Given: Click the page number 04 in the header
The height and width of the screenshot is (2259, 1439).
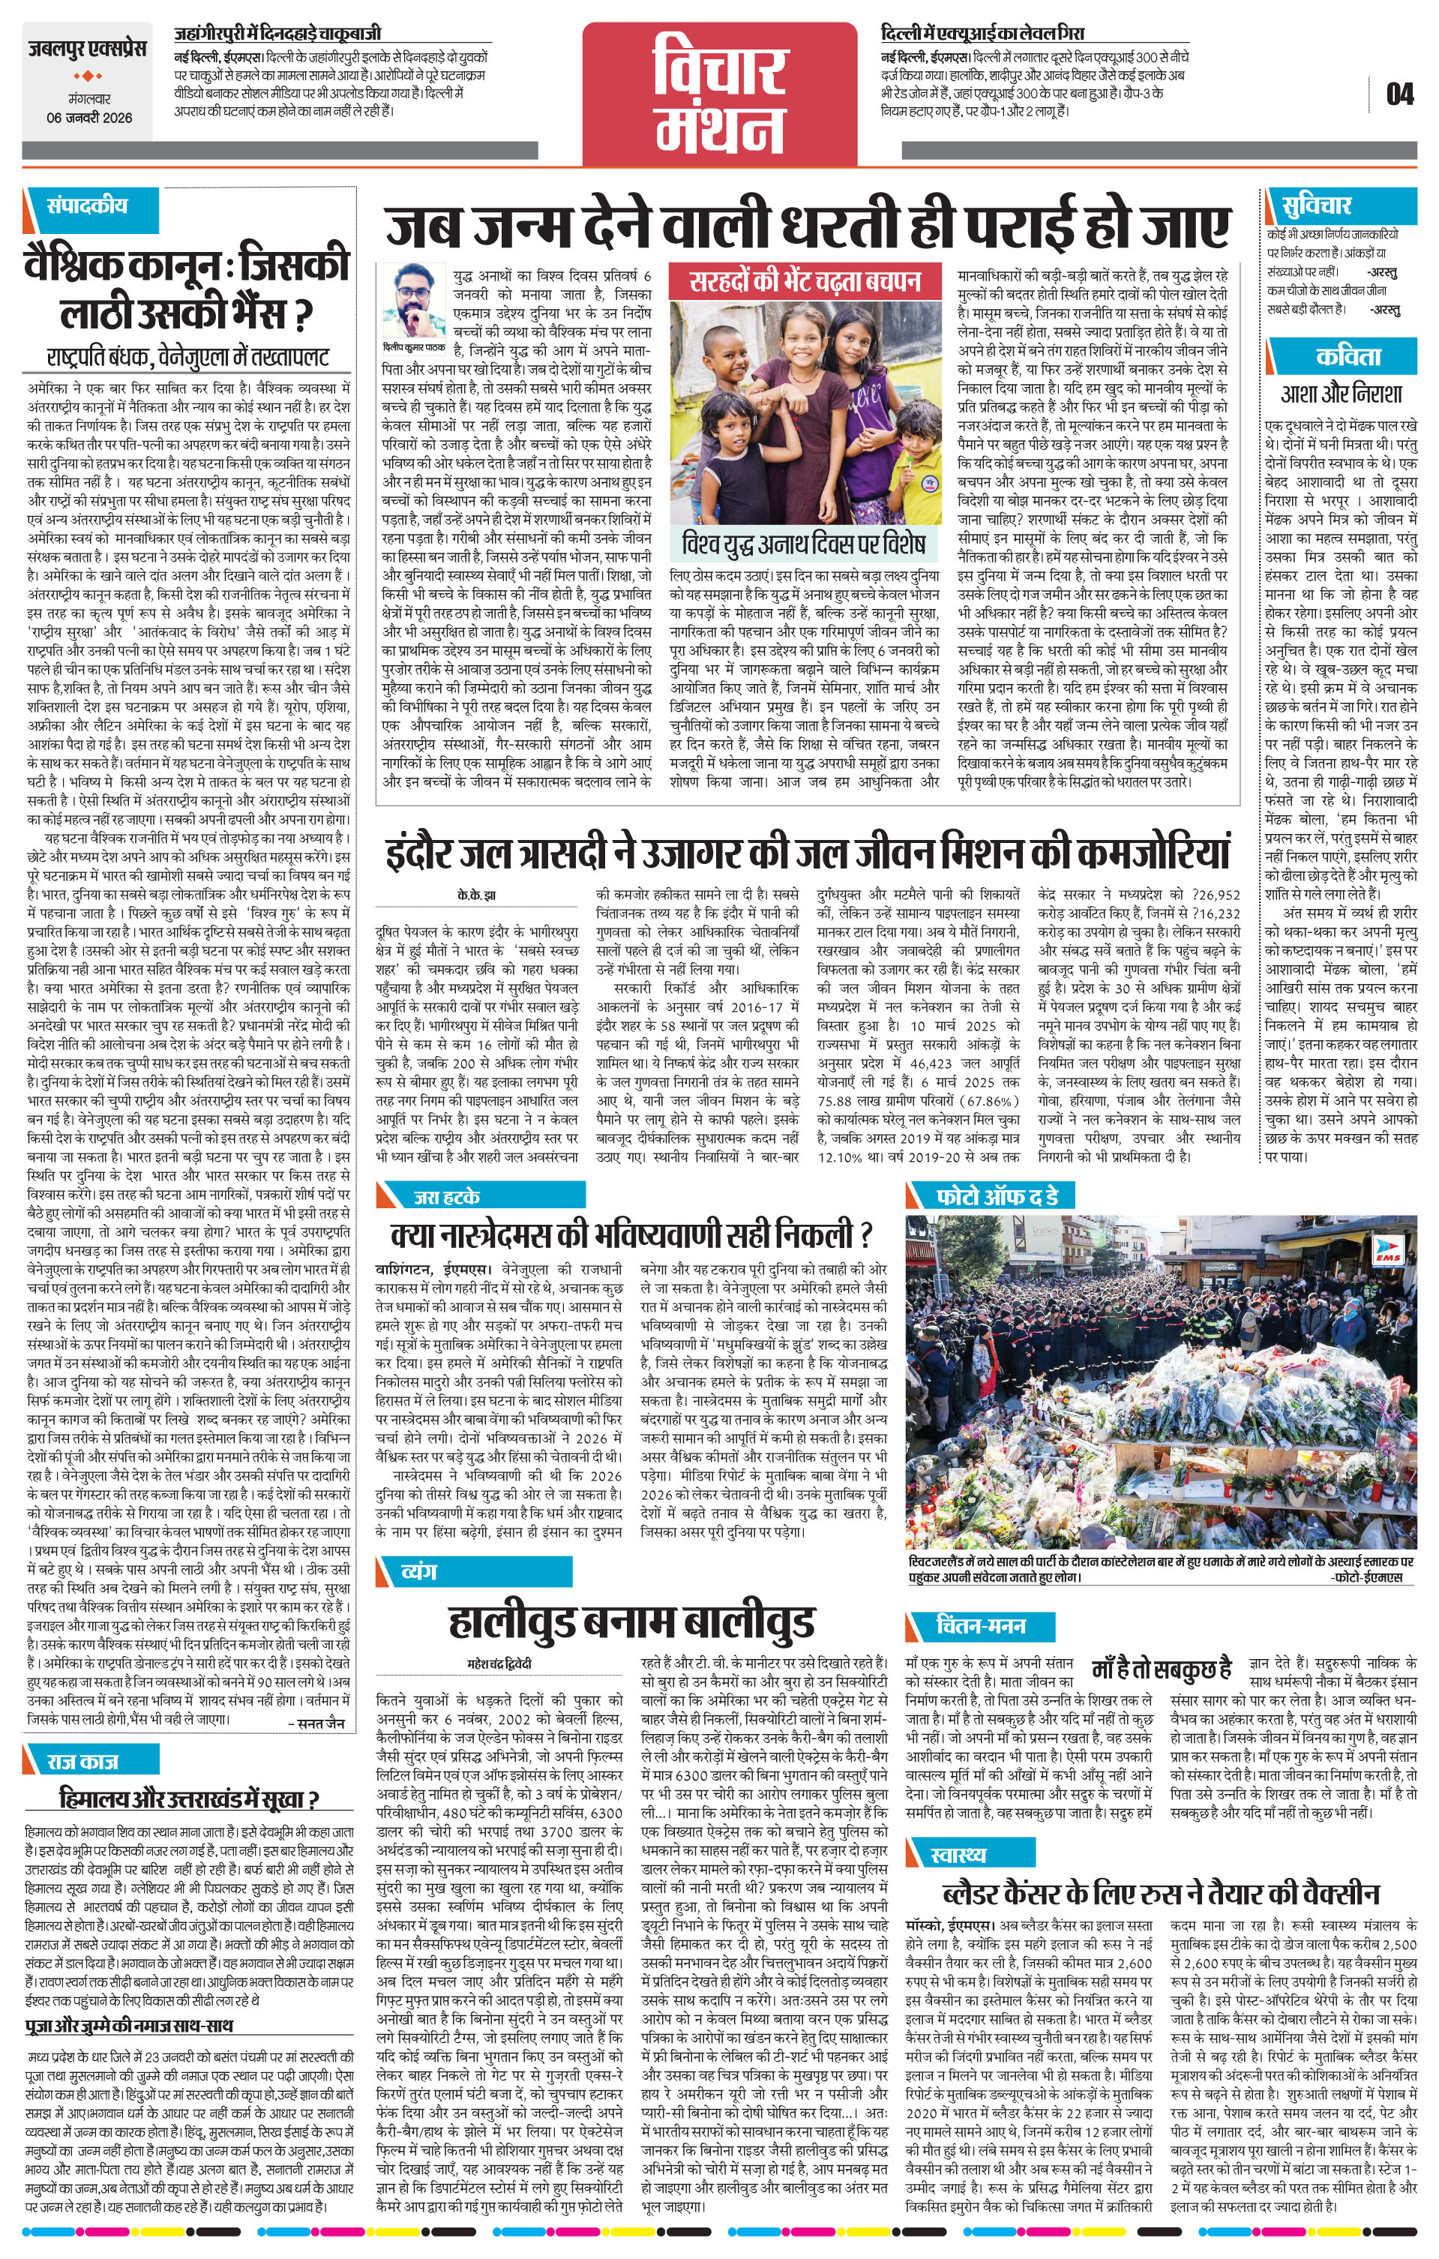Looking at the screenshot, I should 1399,94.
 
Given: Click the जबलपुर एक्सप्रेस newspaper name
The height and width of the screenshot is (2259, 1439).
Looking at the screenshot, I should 86,49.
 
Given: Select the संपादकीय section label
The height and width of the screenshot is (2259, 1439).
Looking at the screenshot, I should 87,206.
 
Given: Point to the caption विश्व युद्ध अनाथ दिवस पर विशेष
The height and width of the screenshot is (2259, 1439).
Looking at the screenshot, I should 805,544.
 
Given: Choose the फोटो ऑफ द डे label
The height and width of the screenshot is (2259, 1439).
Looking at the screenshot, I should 997,1196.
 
